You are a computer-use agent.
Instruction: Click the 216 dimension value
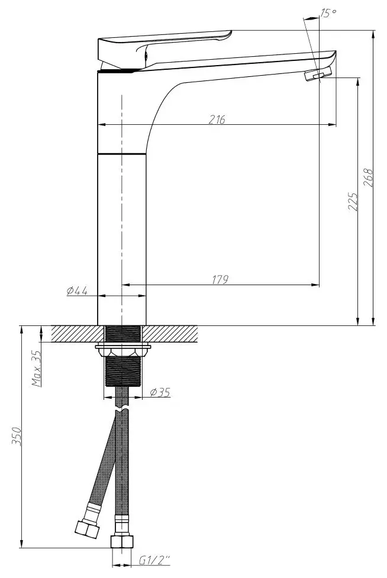(x=217, y=120)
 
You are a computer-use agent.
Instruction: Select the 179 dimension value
(x=220, y=279)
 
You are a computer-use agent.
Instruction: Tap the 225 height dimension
(x=353, y=201)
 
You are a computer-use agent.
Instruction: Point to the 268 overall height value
(x=368, y=177)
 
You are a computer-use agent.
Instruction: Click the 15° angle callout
(x=328, y=13)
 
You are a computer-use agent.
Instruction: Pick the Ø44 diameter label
(x=77, y=290)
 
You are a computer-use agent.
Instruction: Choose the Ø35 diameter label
(x=160, y=392)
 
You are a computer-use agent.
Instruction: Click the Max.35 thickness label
(x=37, y=368)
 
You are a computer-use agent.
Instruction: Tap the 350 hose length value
(x=17, y=437)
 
